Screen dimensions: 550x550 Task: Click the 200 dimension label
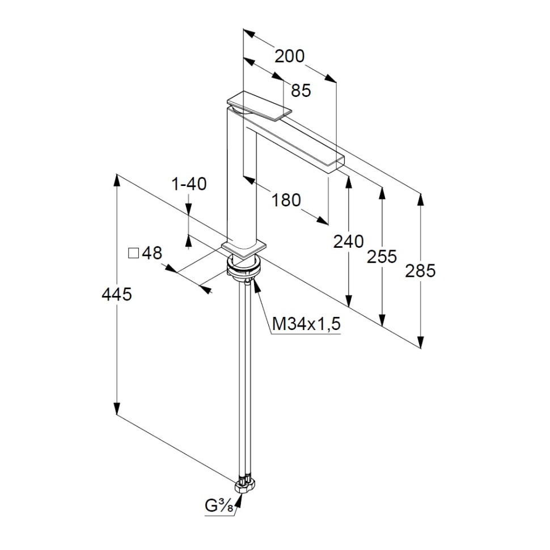[x=290, y=56]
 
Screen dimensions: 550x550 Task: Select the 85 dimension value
[x=301, y=90]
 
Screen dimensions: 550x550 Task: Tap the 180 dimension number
[x=286, y=200]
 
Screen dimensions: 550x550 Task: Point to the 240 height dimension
[x=348, y=242]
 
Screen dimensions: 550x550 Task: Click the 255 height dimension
[x=382, y=256]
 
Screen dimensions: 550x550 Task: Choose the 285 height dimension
[x=420, y=271]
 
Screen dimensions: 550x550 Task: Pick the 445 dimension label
[x=116, y=294]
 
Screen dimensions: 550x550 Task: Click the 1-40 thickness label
[x=189, y=184]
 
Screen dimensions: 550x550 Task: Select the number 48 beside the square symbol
[x=152, y=253]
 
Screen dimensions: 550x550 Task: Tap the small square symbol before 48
[x=134, y=253]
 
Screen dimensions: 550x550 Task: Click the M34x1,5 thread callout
[x=306, y=324]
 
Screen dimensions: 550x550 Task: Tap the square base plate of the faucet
[x=244, y=248]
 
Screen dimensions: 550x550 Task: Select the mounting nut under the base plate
[x=244, y=266]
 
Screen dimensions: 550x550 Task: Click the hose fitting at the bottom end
[x=246, y=484]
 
